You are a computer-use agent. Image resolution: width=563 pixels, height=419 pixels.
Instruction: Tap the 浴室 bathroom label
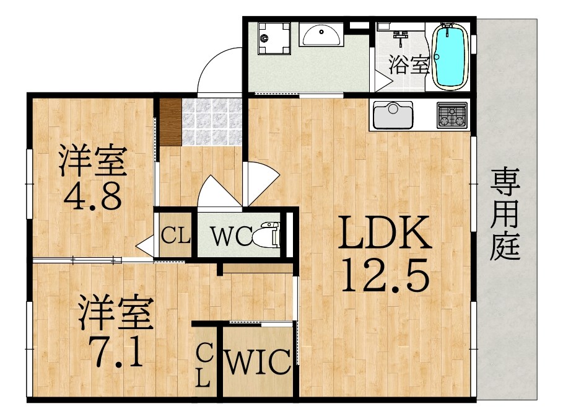(409, 65)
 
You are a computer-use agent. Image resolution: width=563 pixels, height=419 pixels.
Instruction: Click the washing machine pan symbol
(274, 38)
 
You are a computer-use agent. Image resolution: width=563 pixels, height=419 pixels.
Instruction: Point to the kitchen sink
(393, 115)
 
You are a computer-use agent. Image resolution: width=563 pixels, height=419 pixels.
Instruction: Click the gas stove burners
(452, 115)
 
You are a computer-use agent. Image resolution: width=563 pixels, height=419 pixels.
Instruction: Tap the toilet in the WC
(267, 235)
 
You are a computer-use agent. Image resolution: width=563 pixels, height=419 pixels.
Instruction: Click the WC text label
(232, 236)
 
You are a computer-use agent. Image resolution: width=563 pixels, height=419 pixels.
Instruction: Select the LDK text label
(385, 232)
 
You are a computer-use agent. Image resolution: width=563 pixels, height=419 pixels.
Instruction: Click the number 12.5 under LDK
(385, 275)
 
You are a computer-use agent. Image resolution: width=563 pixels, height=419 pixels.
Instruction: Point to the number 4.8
(93, 196)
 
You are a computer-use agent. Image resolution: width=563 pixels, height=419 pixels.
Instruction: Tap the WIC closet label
(257, 362)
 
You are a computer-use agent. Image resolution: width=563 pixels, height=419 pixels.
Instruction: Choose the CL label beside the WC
(175, 236)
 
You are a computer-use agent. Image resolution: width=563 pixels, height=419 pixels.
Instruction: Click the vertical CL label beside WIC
(204, 364)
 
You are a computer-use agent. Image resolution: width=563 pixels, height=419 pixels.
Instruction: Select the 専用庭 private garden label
(505, 214)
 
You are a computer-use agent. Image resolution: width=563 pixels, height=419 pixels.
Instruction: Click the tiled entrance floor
(212, 122)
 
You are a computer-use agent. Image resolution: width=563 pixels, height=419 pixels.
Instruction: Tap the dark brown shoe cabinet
(170, 122)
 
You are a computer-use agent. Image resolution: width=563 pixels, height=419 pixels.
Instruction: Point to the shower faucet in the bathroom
(401, 37)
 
